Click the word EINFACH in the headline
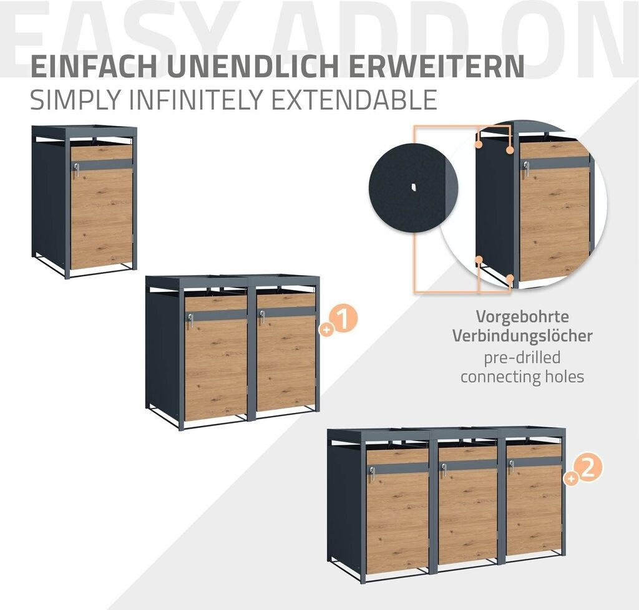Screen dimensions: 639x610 tap(94, 66)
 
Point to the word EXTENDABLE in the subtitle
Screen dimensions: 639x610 tap(354, 99)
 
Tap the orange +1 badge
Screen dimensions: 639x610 tap(339, 321)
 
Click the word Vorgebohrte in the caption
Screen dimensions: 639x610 tap(522, 316)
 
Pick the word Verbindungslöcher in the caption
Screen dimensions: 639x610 tap(522, 336)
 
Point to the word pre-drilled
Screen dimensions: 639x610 tap(522, 357)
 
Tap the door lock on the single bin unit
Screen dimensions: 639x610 tap(76, 170)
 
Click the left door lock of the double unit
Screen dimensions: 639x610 tap(190, 321)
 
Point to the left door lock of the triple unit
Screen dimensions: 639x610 tap(372, 473)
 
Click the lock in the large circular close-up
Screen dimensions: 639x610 tap(525, 169)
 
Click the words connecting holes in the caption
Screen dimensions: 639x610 tap(522, 377)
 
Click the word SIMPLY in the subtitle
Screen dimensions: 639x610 tap(76, 99)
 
